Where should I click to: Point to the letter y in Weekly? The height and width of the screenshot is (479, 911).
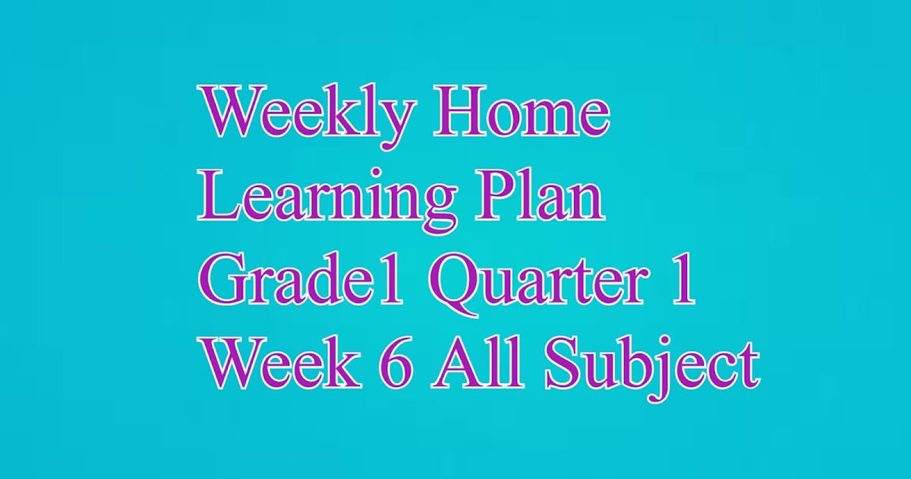[x=396, y=124]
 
